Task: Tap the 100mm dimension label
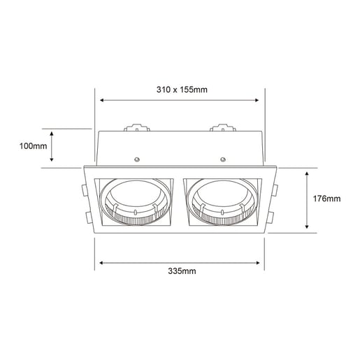[33, 147]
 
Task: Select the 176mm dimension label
[326, 199]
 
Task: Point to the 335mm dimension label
[182, 271]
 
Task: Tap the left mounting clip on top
[136, 129]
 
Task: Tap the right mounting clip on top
[224, 129]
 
